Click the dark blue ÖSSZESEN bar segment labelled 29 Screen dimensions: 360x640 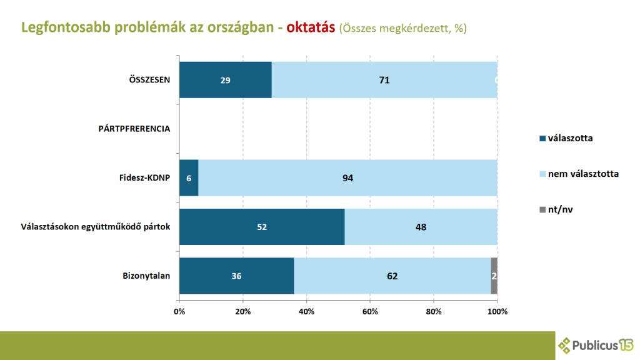225,80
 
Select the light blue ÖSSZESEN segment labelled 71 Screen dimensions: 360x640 384,80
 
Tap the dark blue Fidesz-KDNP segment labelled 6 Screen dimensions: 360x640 189,177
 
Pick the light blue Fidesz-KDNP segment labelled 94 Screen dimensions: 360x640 347,177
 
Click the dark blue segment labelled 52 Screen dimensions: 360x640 262,227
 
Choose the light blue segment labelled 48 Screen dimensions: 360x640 421,227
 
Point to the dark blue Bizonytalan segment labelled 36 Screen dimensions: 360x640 236,276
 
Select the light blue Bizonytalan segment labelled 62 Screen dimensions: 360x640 392,276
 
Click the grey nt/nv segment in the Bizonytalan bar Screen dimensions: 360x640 494,276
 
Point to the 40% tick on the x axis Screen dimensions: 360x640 306,311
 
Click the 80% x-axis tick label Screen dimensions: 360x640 434,311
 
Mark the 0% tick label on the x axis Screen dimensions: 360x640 179,311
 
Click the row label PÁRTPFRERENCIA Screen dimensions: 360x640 134,129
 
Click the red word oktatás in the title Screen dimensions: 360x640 311,28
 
